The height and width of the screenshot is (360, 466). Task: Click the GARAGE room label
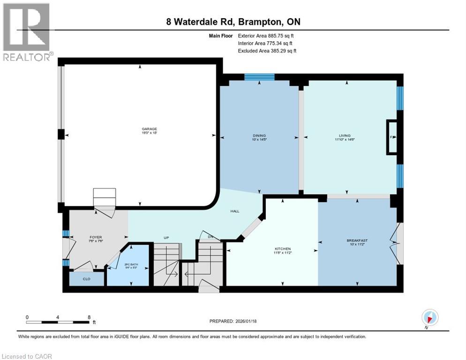click(150, 129)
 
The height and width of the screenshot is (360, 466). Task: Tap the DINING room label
click(259, 136)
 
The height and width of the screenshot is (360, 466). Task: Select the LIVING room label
click(346, 136)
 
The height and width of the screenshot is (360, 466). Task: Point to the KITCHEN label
click(283, 248)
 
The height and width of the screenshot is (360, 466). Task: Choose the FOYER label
click(96, 237)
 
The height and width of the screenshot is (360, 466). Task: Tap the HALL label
click(235, 211)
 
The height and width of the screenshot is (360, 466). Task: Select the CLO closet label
click(86, 279)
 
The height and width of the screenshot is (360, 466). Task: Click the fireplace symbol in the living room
click(392, 137)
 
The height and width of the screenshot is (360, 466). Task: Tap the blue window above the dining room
click(259, 77)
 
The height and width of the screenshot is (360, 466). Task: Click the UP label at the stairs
click(166, 238)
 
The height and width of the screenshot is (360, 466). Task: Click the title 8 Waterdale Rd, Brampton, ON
click(233, 22)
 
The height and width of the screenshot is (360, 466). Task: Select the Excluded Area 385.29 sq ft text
click(267, 51)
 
